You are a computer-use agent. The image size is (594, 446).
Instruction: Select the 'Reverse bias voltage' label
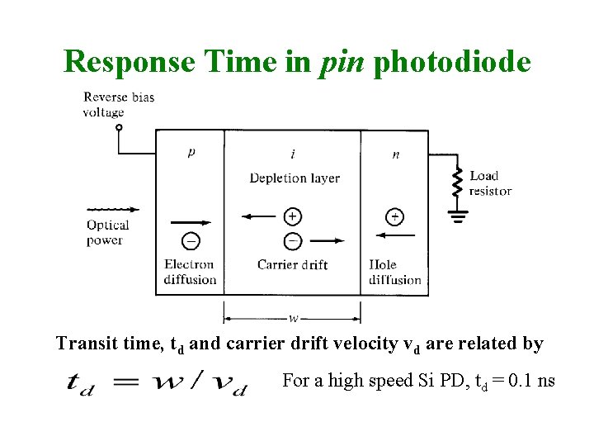click(118, 105)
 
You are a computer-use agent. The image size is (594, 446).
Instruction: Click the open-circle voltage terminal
click(119, 128)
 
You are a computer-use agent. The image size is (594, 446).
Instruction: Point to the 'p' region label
click(191, 153)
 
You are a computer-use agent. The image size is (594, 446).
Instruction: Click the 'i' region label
click(293, 154)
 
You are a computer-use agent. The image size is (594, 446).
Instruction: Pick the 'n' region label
click(395, 154)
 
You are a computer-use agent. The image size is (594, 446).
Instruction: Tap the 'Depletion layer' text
click(294, 178)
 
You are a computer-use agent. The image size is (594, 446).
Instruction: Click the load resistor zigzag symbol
click(456, 183)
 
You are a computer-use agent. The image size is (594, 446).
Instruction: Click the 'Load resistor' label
click(490, 183)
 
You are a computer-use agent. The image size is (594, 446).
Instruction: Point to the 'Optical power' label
click(108, 232)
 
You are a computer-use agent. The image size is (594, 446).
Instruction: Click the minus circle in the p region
click(191, 240)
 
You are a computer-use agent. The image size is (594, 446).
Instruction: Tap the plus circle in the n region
click(395, 216)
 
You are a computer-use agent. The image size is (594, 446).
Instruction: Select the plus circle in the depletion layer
click(292, 216)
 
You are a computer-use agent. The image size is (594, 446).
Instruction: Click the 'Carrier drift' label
click(292, 264)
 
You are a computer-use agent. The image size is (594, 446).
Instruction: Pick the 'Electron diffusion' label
click(190, 272)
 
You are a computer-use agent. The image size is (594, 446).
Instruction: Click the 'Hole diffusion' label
click(394, 272)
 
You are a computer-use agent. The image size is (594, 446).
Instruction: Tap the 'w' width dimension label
click(293, 317)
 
